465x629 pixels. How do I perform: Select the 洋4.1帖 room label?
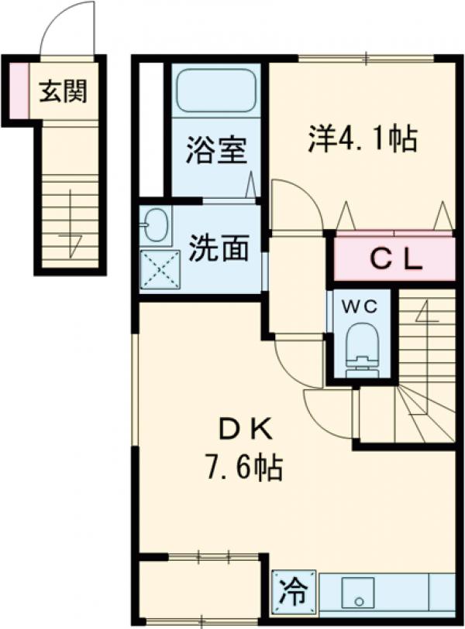[363, 138]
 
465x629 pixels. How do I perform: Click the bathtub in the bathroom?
[215, 91]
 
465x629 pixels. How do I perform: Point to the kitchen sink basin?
[358, 594]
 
